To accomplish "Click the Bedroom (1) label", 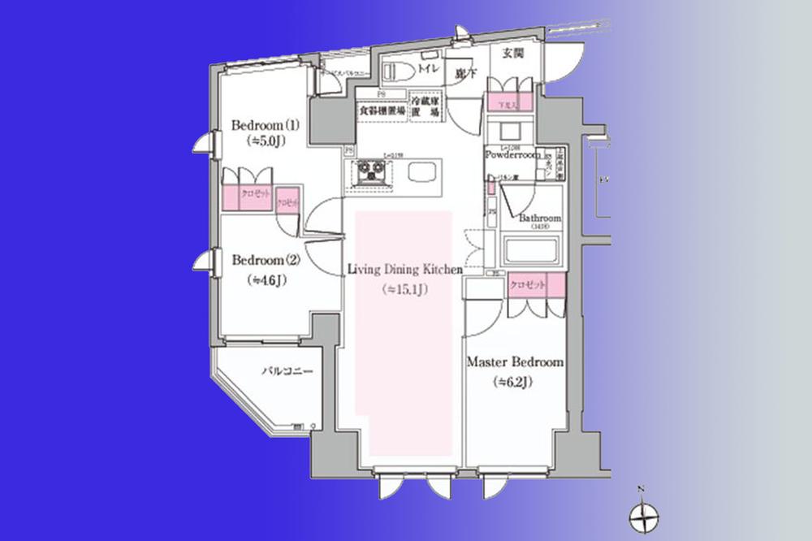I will [x=266, y=126].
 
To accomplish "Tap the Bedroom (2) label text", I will [x=266, y=261].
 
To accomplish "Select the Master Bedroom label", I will [x=514, y=363].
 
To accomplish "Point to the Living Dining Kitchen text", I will [x=404, y=269].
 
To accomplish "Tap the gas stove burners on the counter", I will [x=370, y=171].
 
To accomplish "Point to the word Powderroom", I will [x=512, y=154].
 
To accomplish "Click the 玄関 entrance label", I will [x=513, y=54].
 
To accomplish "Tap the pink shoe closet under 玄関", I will [x=510, y=102].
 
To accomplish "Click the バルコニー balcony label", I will [x=281, y=371].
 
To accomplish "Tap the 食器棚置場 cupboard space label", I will [x=381, y=108].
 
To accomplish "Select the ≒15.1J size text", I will [x=404, y=288].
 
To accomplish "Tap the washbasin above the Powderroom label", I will [x=510, y=131].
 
